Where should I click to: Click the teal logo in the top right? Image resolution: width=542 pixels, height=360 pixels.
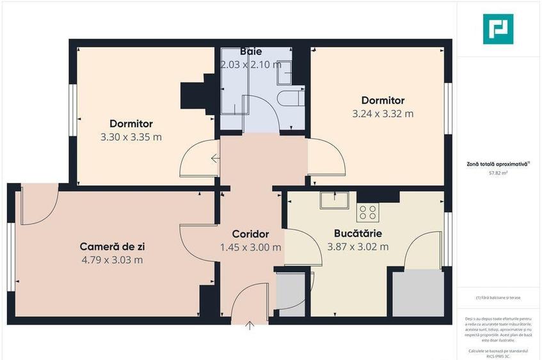tap(497, 29)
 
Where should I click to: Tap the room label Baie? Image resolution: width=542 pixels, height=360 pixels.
tap(251, 51)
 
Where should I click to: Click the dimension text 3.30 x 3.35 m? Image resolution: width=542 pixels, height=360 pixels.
tap(131, 137)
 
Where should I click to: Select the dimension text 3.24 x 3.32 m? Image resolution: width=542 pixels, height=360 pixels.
tap(383, 114)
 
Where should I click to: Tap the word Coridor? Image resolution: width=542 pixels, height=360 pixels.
tap(250, 234)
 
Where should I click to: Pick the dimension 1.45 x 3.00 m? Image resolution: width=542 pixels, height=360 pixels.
tap(250, 247)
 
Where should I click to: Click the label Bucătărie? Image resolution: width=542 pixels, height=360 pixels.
tap(358, 233)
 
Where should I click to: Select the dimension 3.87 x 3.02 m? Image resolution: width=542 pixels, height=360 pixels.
tap(358, 247)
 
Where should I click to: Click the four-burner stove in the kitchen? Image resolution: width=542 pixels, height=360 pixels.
tap(367, 212)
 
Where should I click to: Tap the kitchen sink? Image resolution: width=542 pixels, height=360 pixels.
tap(334, 200)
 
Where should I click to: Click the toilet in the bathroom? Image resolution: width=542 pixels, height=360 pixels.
tap(291, 100)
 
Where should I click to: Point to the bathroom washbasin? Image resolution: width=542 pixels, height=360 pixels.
tap(284, 74)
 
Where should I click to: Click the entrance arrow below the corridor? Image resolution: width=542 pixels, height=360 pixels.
tap(250, 324)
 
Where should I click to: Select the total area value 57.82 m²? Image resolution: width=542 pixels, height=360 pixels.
tap(498, 173)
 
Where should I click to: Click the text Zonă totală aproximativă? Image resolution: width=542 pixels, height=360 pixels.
tap(497, 164)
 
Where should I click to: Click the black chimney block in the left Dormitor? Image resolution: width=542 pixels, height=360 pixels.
tap(195, 95)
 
